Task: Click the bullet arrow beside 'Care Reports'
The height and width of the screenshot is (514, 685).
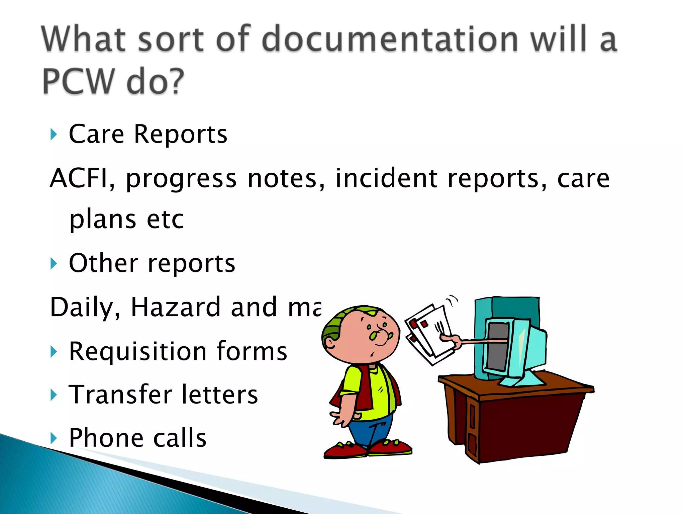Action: point(54,135)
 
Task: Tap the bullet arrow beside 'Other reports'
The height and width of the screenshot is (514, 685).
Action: point(54,263)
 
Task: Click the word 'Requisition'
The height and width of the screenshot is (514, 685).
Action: point(137,351)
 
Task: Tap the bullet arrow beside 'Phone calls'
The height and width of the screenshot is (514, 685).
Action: point(54,438)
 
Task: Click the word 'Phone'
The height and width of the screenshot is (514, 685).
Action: point(106,438)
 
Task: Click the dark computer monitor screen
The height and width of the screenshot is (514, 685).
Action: point(498,346)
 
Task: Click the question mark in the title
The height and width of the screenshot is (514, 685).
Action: point(174,81)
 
